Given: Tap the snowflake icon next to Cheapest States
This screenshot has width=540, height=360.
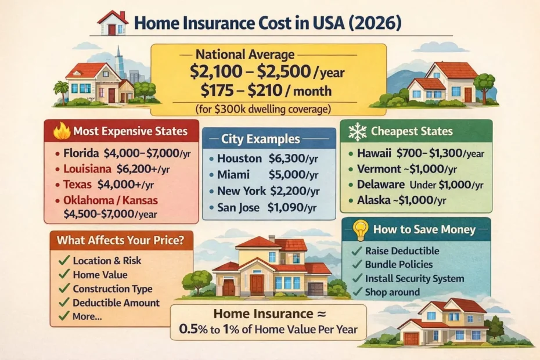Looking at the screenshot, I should [357, 131].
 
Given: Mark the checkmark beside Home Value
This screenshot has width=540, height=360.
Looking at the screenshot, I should [63, 275].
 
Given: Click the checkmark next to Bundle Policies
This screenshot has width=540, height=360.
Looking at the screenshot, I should [357, 264].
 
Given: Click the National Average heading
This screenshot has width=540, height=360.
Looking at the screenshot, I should [245, 55].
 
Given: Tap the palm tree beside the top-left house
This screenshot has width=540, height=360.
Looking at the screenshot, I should [60, 90].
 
